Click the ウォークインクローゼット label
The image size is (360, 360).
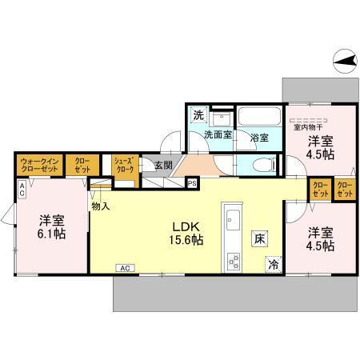coord(39,166)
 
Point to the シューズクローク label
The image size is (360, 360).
coord(123,164)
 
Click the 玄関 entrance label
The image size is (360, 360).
coord(163,166)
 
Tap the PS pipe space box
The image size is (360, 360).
coord(192,182)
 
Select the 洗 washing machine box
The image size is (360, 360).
coord(198,114)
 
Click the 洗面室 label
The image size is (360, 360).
coord(216,134)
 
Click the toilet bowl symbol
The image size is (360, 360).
coord(258,164)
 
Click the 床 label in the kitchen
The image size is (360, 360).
coord(260,238)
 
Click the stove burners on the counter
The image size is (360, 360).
coord(234,260)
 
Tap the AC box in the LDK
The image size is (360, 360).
coord(125,268)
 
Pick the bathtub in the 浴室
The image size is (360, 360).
coord(258,117)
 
